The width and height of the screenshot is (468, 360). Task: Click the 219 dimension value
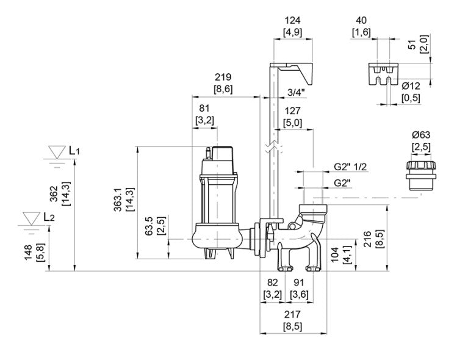pos(222,77)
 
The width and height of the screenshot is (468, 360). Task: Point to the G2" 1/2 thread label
pos(350,167)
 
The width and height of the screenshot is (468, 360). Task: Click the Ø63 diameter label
pos(420,134)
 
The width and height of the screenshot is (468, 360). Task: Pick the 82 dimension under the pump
pos(272,283)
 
